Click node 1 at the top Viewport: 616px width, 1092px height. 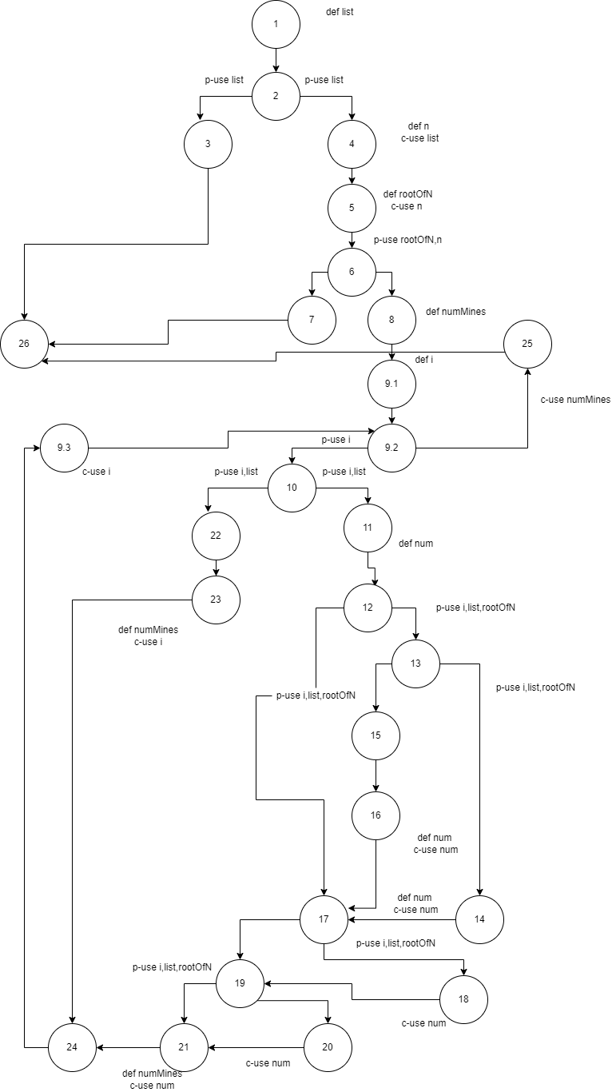(x=276, y=24)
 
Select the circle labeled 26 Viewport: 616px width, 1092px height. (x=24, y=344)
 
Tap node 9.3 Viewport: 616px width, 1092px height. (x=65, y=448)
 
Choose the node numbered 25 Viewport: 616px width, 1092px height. (x=527, y=344)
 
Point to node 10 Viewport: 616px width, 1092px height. (x=292, y=488)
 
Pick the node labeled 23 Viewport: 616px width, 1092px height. (x=216, y=600)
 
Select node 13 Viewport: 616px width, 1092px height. (x=415, y=664)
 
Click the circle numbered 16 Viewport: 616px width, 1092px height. (x=376, y=815)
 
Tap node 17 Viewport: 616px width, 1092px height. (x=324, y=919)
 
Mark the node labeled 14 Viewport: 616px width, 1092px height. (x=479, y=919)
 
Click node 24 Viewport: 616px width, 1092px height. (x=72, y=1047)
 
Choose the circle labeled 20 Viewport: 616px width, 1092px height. (x=328, y=1047)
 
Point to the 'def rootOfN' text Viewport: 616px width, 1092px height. (x=408, y=194)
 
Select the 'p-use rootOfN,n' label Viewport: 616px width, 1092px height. (x=407, y=240)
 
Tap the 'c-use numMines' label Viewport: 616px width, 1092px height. (x=575, y=399)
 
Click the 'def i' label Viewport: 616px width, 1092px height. (x=424, y=360)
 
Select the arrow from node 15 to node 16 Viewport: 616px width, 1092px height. (x=376, y=775)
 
